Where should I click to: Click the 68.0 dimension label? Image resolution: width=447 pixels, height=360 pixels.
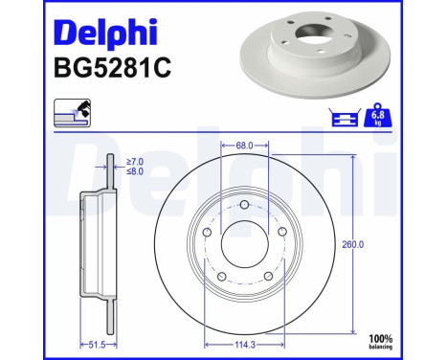click(x=245, y=146)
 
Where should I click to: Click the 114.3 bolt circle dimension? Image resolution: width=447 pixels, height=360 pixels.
click(x=245, y=343)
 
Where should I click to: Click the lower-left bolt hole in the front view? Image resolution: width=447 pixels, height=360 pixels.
click(x=222, y=276)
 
